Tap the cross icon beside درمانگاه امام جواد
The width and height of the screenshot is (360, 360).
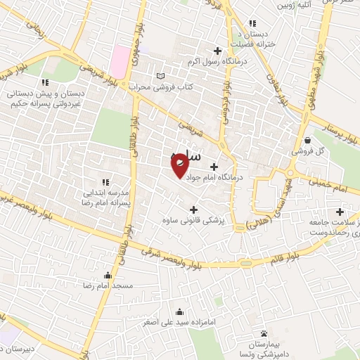214,167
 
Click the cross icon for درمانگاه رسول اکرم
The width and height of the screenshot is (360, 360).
217,51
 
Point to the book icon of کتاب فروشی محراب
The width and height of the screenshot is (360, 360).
161,76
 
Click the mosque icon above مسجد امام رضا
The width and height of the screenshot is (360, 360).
107,275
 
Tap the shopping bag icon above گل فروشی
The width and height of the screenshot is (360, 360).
309,139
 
